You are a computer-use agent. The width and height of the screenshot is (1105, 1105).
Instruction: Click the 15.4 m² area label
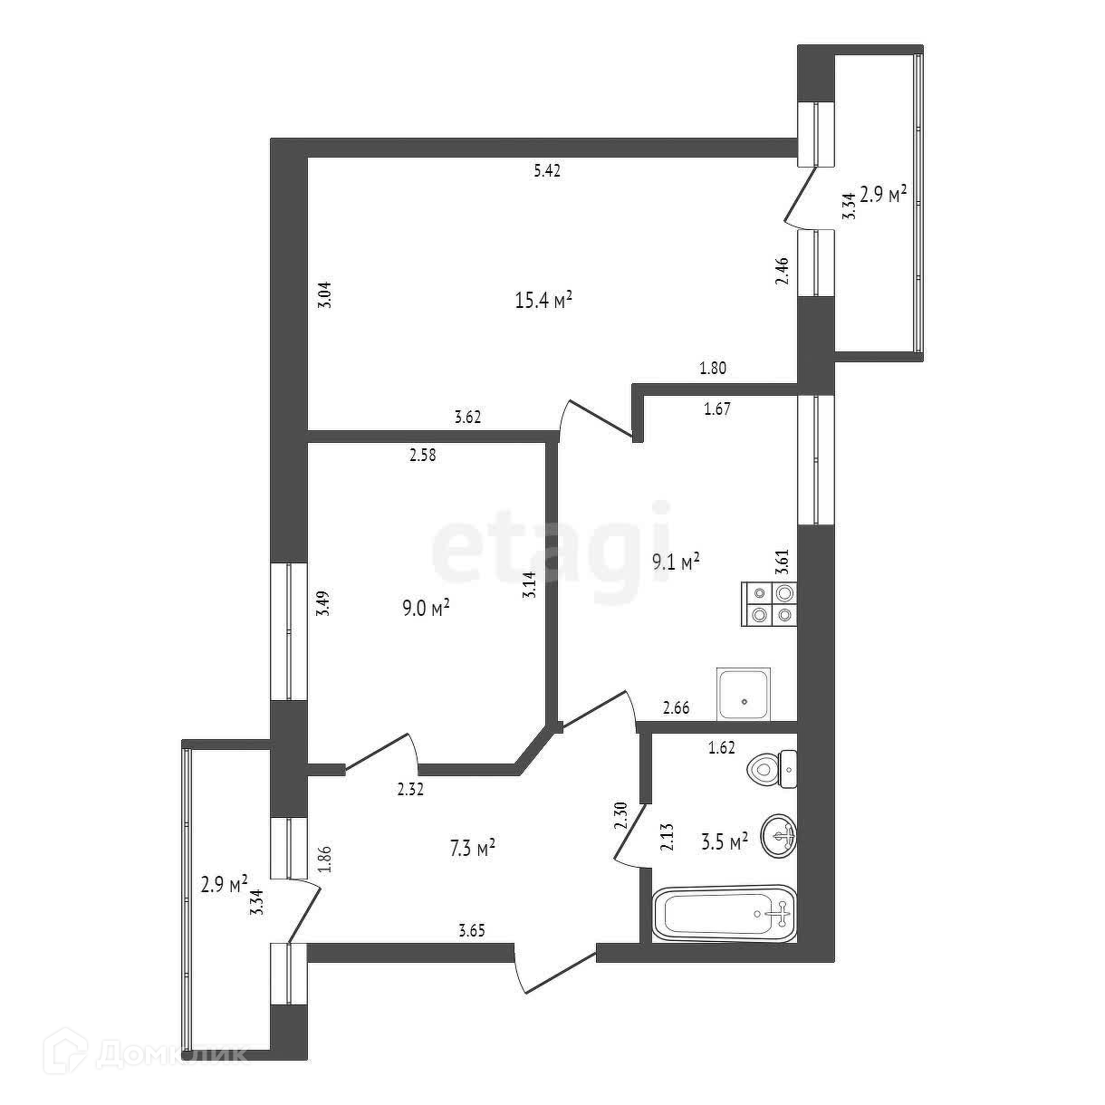tap(543, 301)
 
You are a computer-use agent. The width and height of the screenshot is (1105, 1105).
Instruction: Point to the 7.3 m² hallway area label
tap(471, 849)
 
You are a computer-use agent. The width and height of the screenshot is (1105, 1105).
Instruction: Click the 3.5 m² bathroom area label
tap(725, 841)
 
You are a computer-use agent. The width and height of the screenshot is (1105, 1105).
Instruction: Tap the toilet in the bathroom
tap(773, 770)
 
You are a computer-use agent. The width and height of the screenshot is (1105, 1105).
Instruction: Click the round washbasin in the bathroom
tap(780, 834)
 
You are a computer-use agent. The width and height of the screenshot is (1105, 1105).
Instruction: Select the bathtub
tap(724, 913)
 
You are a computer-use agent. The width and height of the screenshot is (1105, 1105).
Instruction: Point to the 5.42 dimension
tap(547, 170)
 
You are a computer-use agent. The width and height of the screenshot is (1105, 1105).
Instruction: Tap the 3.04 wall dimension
tap(326, 297)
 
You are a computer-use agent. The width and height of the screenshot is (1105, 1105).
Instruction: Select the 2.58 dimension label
tap(422, 456)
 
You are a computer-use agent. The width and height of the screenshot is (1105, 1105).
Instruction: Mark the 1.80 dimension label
tap(713, 369)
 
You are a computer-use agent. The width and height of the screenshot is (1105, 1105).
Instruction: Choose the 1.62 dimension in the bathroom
tap(722, 747)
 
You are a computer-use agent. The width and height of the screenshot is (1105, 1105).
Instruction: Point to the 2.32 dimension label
tap(410, 790)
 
